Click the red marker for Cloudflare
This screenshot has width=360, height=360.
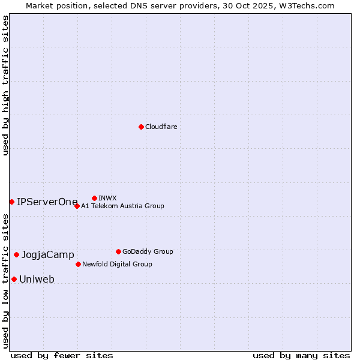pos(141,127)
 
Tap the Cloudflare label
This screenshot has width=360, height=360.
pos(161,127)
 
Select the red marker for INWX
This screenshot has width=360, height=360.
pos(94,198)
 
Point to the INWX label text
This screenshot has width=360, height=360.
pos(107,198)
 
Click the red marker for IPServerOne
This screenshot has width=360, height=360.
pos(11,202)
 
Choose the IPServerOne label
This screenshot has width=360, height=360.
pos(47,202)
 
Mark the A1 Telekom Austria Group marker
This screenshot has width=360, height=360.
pos(77,206)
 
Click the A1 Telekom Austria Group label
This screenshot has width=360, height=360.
pos(122,206)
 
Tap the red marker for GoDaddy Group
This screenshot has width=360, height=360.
pos(118,251)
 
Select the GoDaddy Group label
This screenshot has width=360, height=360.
pos(148,251)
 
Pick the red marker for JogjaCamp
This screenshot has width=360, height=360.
pos(16,254)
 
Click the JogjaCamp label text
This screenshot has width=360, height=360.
pos(48,255)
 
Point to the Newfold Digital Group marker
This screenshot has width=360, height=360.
pos(78,264)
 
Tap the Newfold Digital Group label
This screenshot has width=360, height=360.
pos(117,264)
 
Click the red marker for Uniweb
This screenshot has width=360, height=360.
pos(14,279)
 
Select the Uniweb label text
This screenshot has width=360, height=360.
pos(37,279)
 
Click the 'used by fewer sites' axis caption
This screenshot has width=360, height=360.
pos(62,355)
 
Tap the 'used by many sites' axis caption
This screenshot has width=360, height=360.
pos(301,355)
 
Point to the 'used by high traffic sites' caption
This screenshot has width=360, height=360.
pos(5,85)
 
